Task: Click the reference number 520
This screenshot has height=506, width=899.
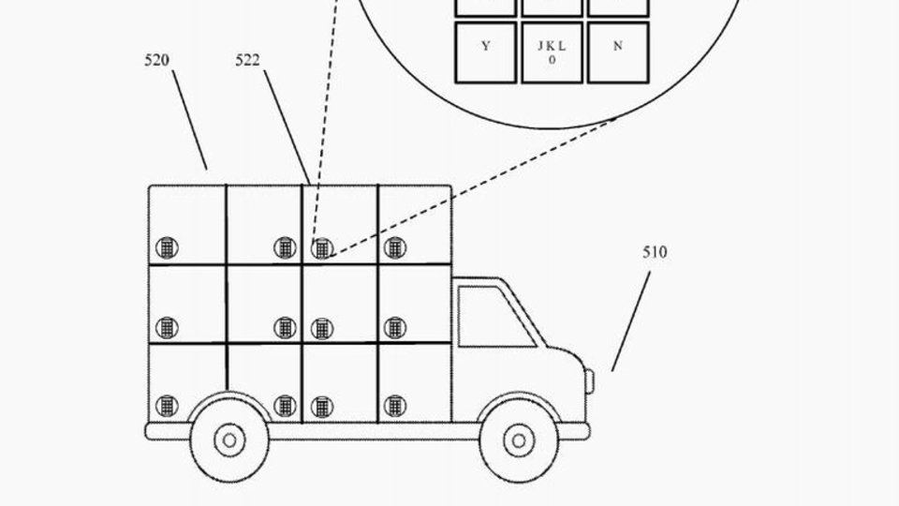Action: pos(156,61)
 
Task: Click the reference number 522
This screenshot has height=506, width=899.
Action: pos(247,61)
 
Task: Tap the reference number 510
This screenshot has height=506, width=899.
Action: pos(655,252)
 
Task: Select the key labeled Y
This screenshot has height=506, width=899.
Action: pos(485,52)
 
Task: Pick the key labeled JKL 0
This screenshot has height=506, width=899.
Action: pos(552,52)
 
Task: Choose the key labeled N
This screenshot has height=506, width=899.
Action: pos(617,52)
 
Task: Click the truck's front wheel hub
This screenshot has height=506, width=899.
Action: pos(518,439)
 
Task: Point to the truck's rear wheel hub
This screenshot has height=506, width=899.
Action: pos(228,439)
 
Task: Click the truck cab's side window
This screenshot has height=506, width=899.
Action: pos(492,317)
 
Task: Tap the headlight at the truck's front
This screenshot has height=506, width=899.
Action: pos(589,380)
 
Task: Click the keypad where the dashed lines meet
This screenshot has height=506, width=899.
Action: pos(322,248)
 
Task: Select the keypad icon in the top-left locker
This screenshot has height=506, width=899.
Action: pos(167,248)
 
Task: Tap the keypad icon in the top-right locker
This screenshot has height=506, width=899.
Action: pos(395,248)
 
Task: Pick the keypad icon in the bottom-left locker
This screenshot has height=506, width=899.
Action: pos(167,406)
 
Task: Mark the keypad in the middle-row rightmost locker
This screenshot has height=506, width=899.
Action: pos(395,328)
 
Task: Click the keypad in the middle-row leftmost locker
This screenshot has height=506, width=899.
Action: pos(167,328)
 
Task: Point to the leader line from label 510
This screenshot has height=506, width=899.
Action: pos(631,320)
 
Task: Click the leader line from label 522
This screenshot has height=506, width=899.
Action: pos(287,126)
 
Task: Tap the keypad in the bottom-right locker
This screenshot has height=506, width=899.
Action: pos(395,406)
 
